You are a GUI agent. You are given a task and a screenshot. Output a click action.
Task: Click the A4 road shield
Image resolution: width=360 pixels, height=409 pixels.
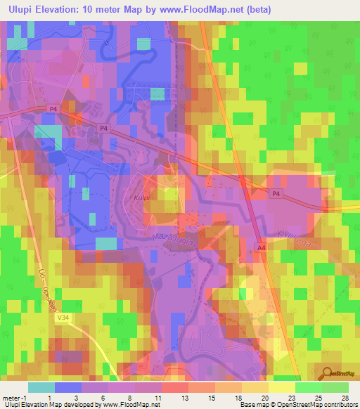coord(262,247)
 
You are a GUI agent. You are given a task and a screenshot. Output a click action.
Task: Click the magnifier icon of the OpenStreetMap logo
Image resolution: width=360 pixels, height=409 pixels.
coord(327,374)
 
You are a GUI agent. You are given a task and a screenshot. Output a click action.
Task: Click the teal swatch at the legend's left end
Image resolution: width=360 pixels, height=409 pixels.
coord(41,387)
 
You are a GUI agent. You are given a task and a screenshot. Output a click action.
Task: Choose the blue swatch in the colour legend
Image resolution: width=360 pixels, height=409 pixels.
coord(68,387)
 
